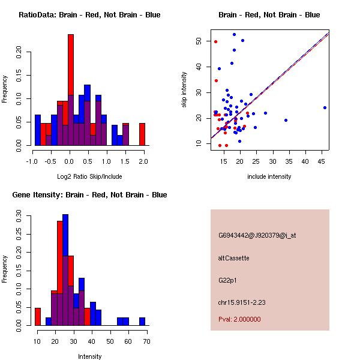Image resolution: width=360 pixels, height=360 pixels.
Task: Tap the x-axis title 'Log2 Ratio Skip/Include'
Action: [x=89, y=176]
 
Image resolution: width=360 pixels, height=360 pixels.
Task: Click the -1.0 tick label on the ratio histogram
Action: [x=32, y=161]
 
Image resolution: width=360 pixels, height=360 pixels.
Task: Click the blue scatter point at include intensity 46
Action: [x=325, y=108]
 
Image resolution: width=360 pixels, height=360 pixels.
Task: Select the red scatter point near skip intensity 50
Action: [x=215, y=41]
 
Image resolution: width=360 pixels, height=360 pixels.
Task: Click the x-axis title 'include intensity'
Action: [x=270, y=176]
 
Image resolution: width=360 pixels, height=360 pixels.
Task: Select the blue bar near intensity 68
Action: [x=142, y=322]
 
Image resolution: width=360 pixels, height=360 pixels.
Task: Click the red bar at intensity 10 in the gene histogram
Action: [x=37, y=317]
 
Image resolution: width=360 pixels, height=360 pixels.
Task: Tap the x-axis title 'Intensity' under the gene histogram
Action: [x=89, y=356]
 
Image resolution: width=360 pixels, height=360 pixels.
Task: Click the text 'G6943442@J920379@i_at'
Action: [x=257, y=235]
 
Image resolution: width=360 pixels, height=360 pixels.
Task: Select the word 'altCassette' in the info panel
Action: [x=233, y=258]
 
